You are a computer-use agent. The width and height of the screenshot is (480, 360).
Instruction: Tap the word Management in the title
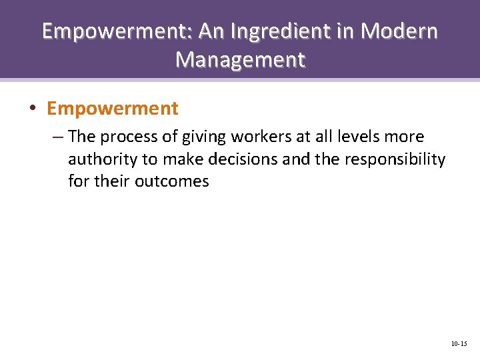(240, 60)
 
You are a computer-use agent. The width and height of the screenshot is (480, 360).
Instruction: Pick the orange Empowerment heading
(113, 108)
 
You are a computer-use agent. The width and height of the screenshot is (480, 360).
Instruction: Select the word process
(130, 137)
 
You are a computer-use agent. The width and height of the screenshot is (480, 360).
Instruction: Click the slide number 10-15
(459, 344)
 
